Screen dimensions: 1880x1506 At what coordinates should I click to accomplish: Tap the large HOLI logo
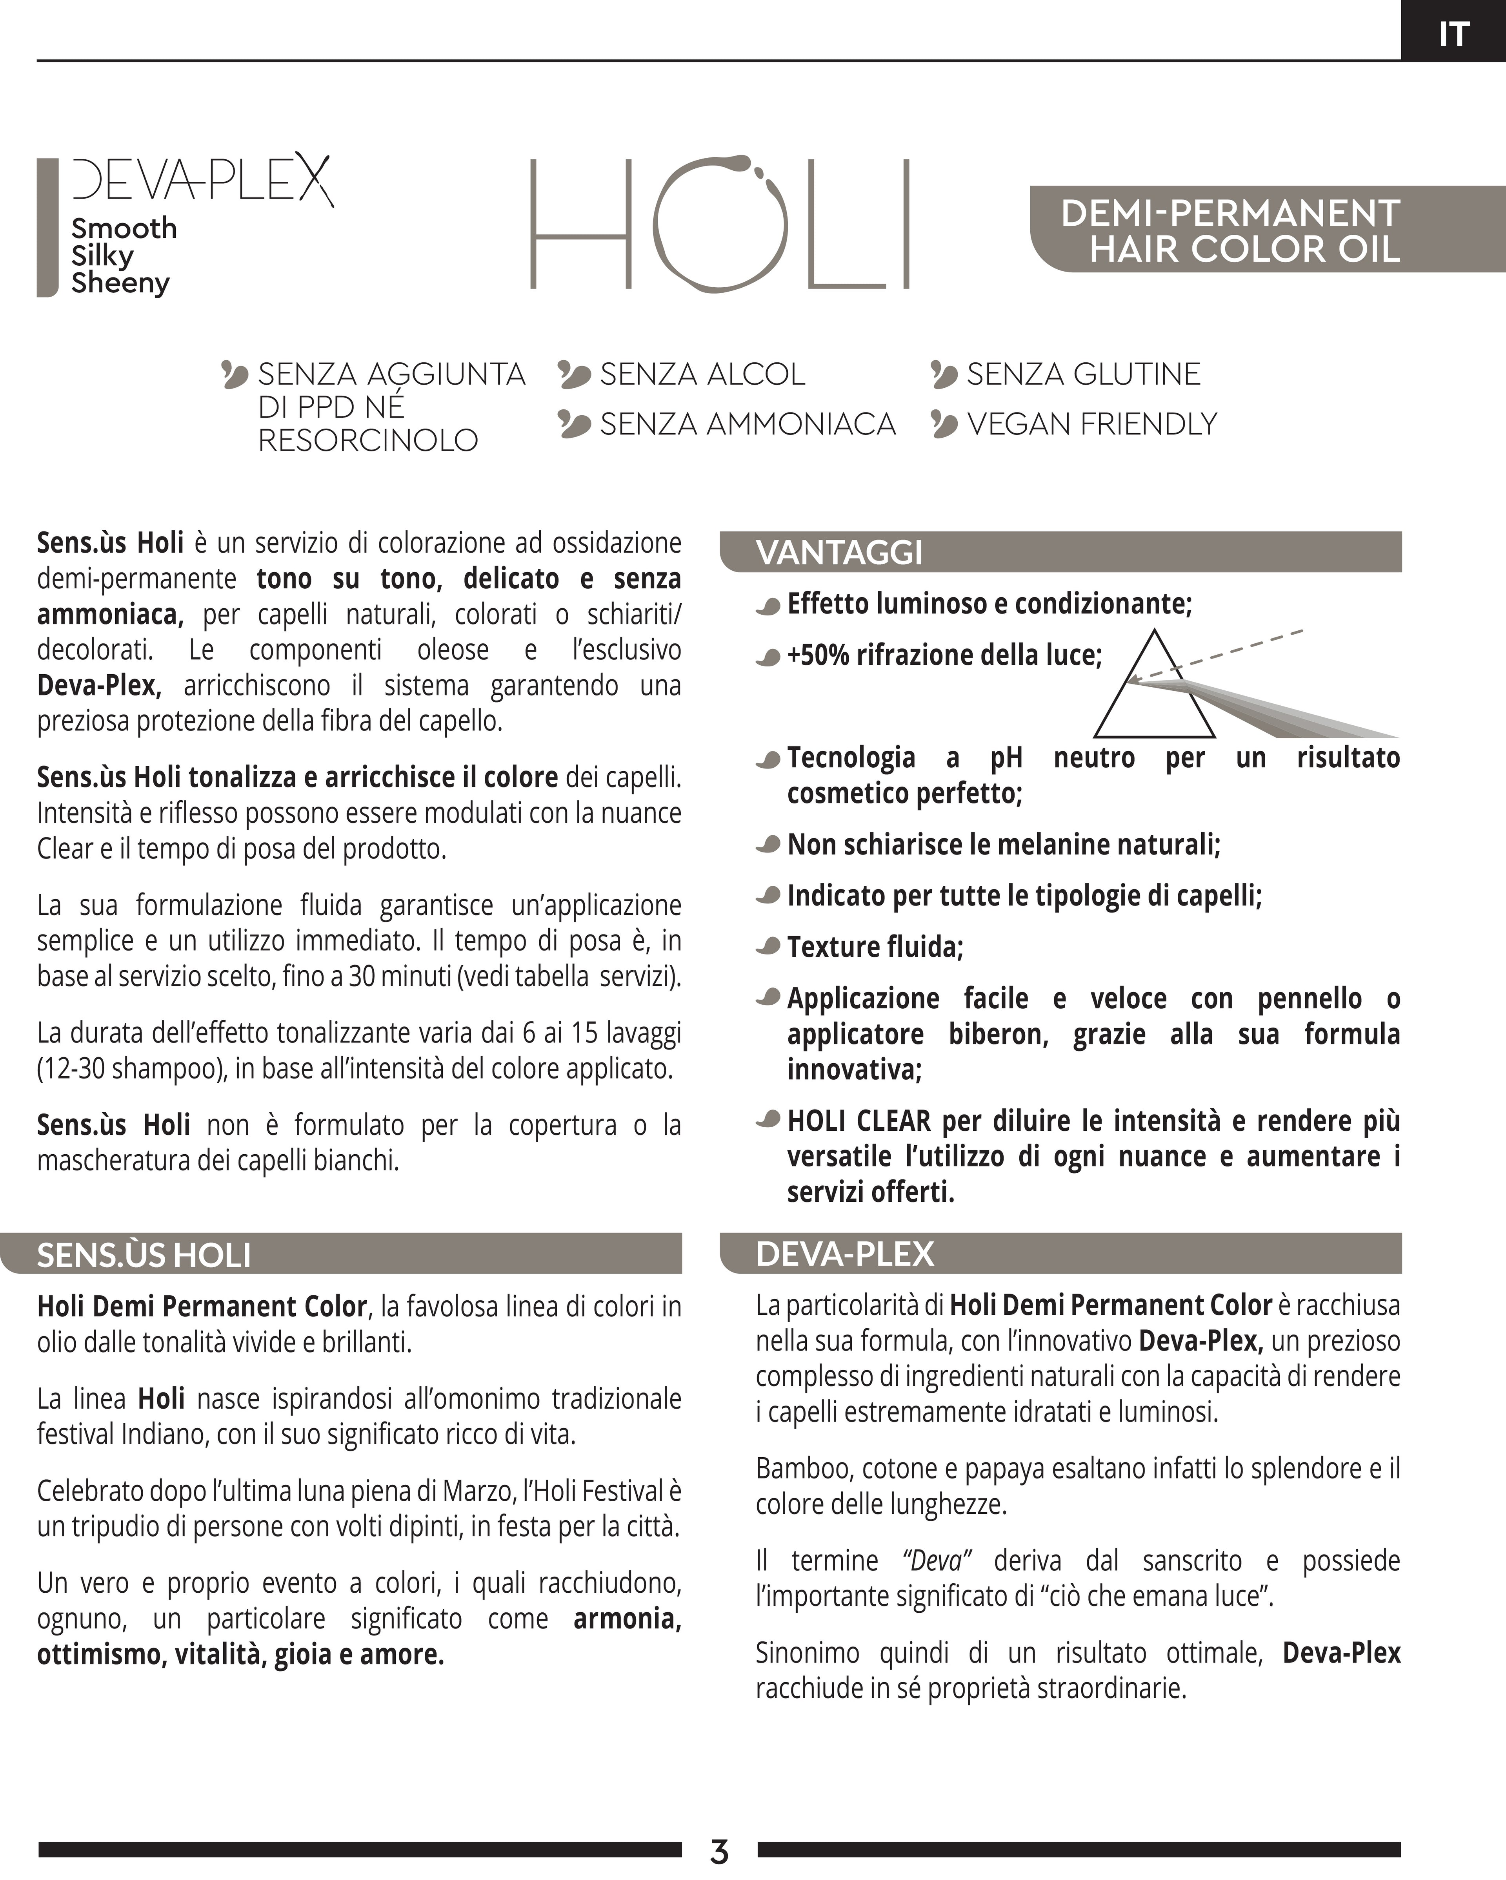point(720,224)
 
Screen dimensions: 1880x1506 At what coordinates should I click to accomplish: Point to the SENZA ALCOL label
point(702,374)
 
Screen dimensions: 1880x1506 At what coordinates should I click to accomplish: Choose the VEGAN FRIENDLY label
point(1091,424)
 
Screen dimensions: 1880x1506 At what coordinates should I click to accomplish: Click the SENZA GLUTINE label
point(1082,374)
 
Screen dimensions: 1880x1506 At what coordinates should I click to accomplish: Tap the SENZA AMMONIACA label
point(747,424)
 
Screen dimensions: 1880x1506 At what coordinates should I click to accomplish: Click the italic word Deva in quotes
point(937,1560)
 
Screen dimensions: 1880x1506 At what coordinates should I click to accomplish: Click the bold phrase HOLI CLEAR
point(858,1121)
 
